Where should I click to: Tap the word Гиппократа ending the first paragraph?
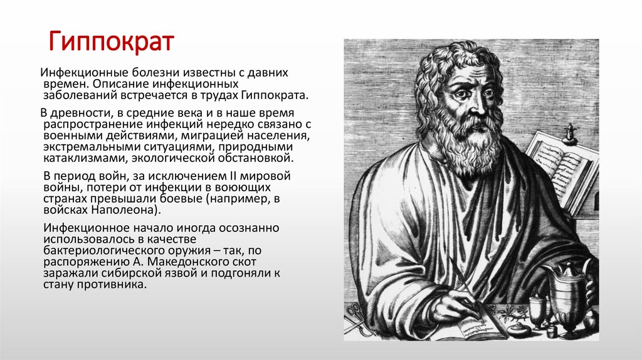tap(282, 96)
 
